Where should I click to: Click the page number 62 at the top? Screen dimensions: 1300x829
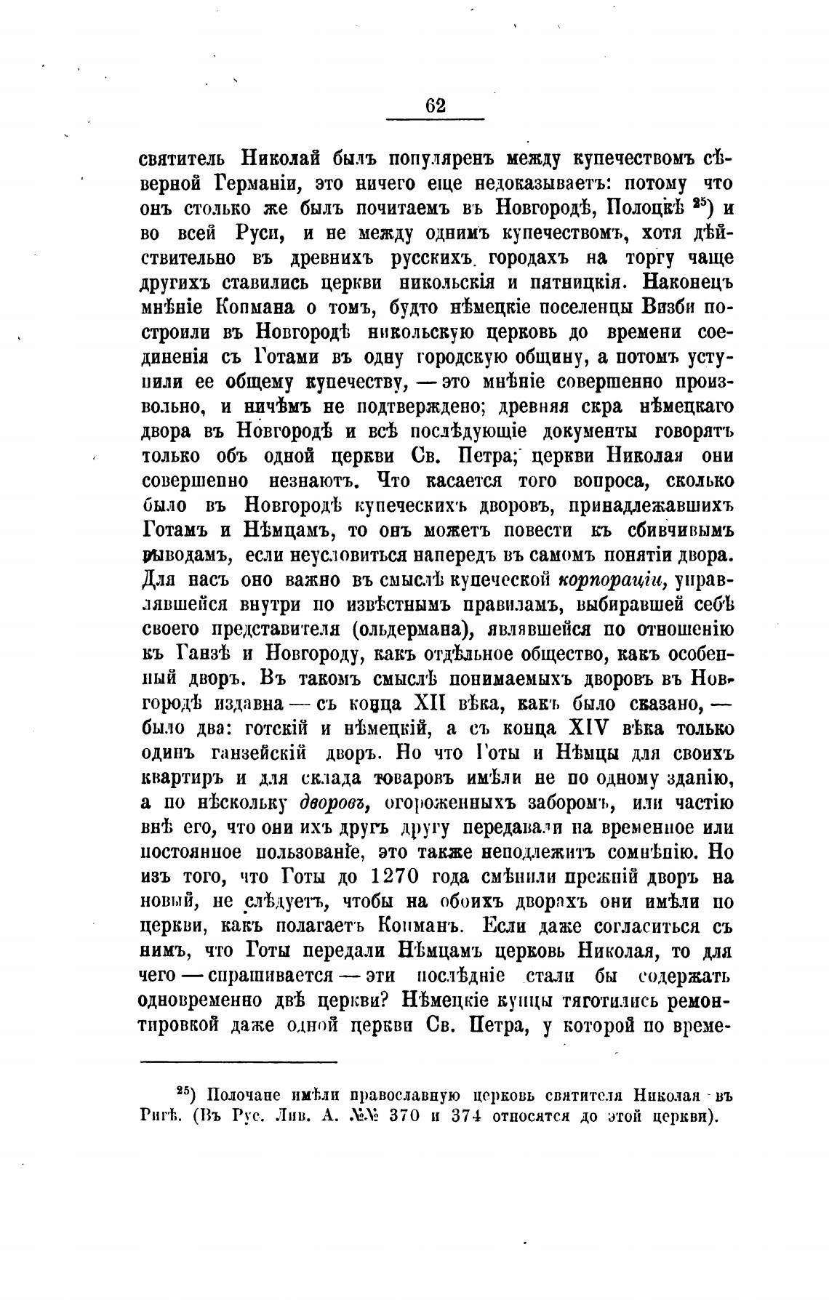click(435, 105)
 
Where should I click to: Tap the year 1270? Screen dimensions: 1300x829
click(395, 878)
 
